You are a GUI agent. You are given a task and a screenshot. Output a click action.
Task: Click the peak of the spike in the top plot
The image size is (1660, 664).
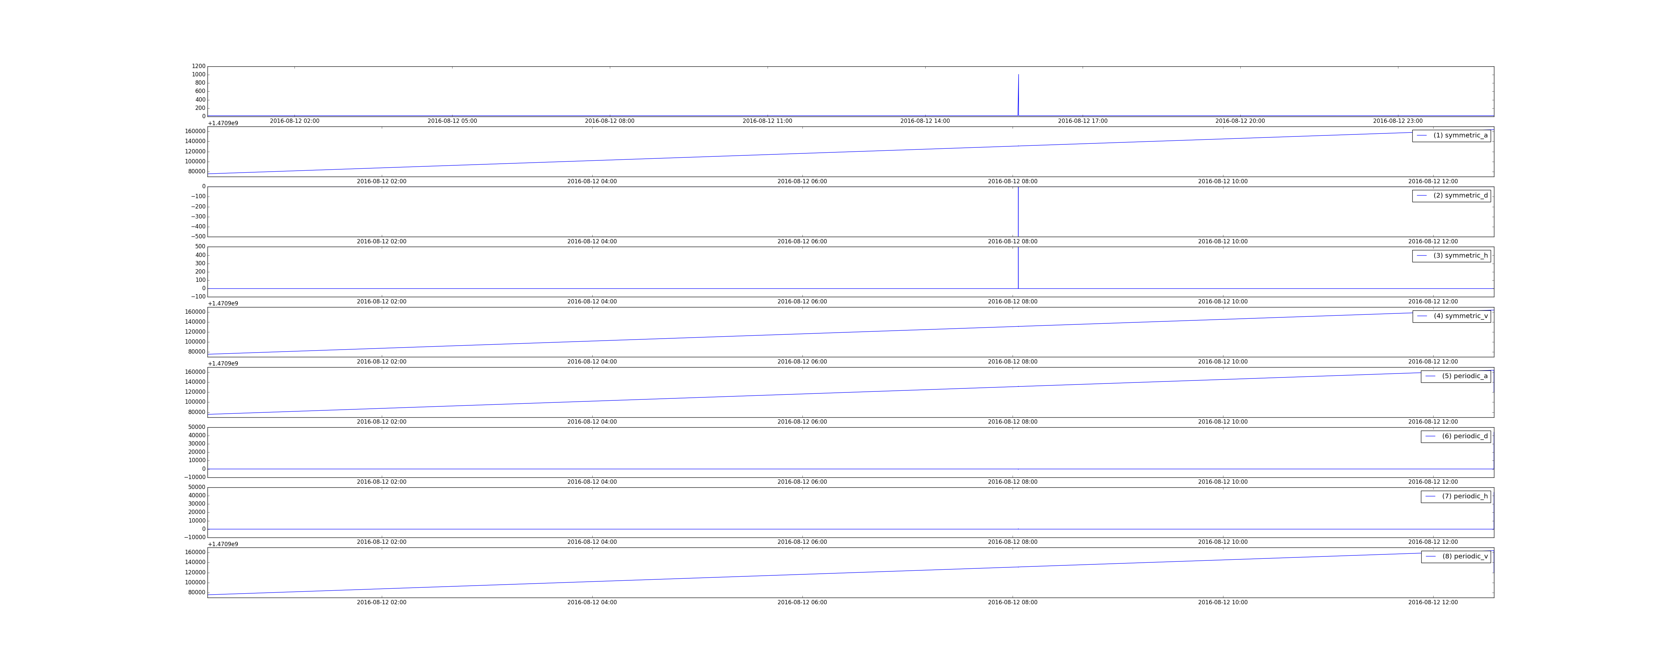click(1018, 75)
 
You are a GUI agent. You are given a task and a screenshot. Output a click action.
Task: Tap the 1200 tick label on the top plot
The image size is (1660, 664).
click(199, 66)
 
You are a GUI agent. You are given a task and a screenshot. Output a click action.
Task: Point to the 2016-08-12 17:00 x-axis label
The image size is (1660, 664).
click(1083, 121)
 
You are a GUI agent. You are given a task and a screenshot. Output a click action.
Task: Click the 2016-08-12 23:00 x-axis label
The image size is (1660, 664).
click(1398, 121)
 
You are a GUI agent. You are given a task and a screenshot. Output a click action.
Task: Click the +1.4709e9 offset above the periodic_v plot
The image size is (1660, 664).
click(223, 544)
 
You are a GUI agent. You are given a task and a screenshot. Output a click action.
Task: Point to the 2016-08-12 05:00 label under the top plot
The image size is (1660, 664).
click(453, 121)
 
